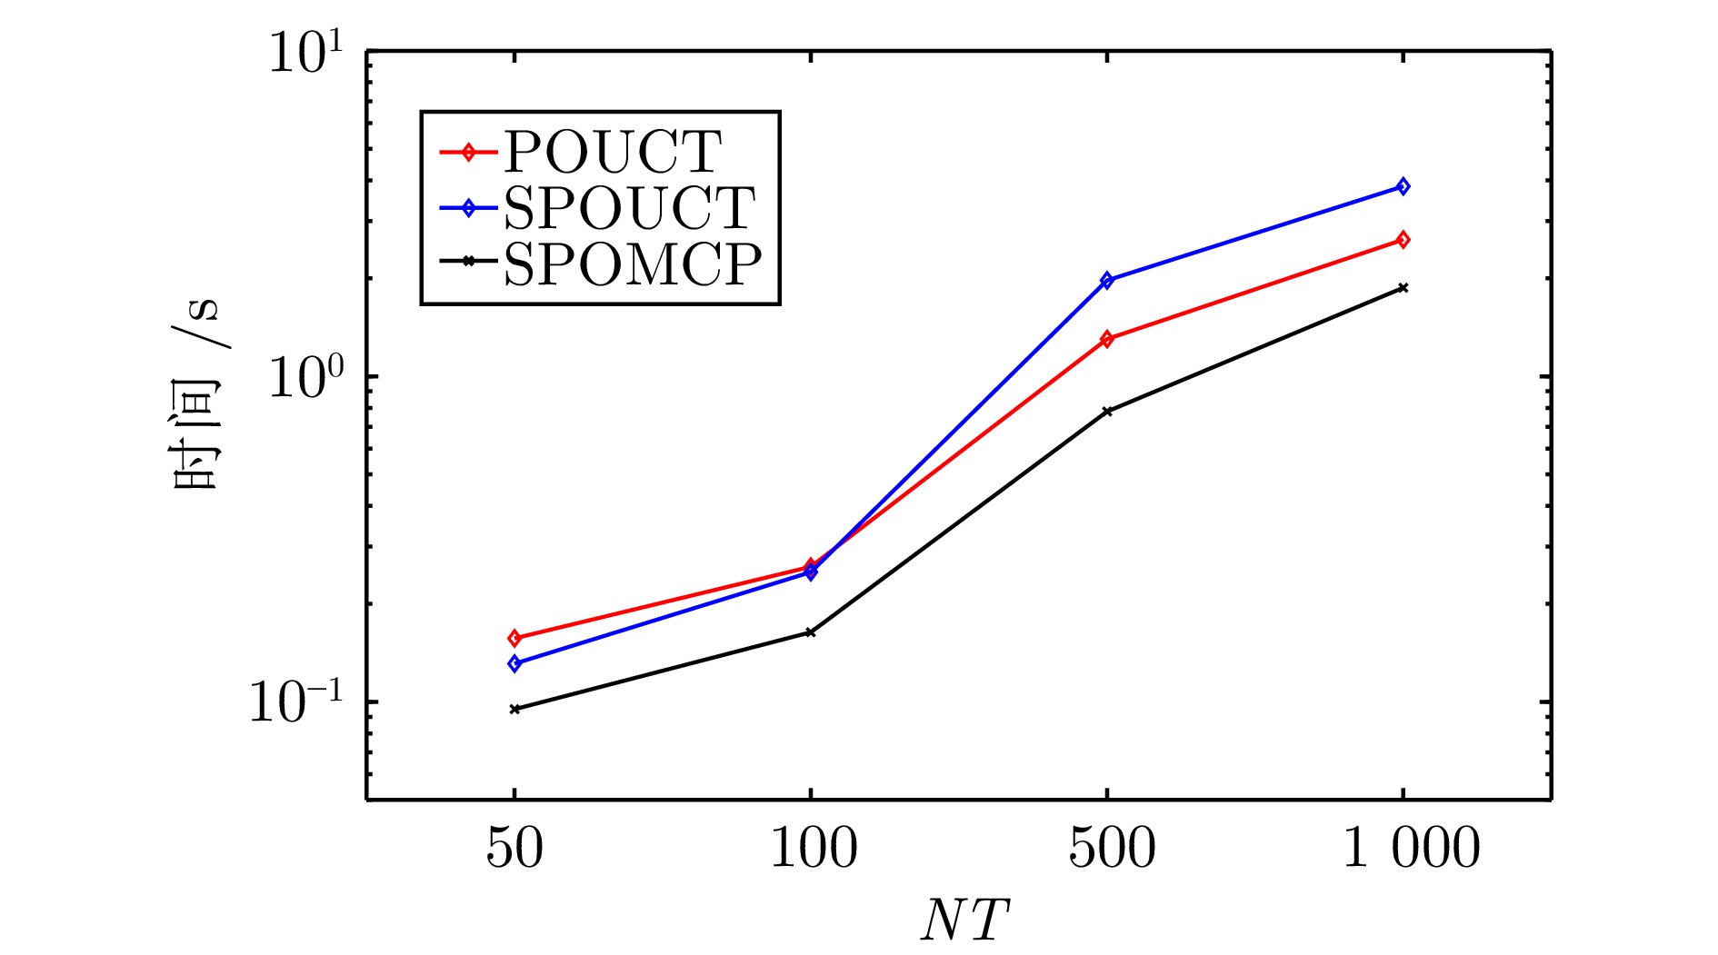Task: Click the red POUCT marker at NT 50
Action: pos(514,638)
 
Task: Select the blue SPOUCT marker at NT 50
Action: pos(514,663)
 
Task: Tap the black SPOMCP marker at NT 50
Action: pos(514,709)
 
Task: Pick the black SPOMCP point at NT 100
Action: pos(811,632)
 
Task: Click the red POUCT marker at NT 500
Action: pos(1106,339)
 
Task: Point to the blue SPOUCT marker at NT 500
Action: pos(1106,280)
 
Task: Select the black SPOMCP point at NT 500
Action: pos(1106,411)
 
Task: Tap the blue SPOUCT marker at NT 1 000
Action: pos(1403,186)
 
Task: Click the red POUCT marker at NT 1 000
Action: pos(1403,240)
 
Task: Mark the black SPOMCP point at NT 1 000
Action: pos(1403,288)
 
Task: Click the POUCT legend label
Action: pos(613,152)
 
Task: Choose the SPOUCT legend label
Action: pos(629,208)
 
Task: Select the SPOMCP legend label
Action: pos(633,264)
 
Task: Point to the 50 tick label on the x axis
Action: pos(514,849)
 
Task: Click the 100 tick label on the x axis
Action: pos(813,849)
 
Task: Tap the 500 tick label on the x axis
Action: pos(1111,849)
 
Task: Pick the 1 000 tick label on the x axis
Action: pos(1411,849)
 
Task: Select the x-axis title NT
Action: pos(964,920)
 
